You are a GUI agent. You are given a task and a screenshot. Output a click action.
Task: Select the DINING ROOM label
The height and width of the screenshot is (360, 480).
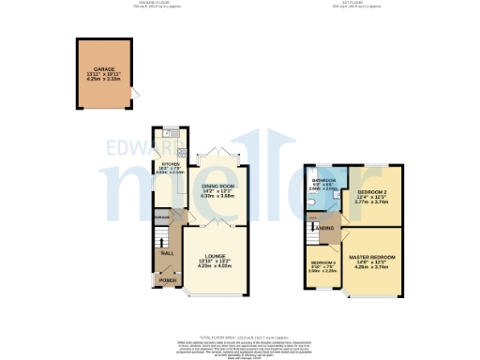(x=217, y=186)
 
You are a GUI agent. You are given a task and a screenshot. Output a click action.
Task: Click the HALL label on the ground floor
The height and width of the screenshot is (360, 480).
(x=167, y=253)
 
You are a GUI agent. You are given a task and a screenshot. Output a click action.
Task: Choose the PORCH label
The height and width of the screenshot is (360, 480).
(x=168, y=280)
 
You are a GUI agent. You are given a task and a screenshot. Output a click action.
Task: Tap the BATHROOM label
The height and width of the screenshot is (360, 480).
(x=324, y=180)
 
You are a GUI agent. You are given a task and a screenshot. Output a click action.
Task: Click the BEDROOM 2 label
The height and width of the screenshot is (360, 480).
(x=372, y=191)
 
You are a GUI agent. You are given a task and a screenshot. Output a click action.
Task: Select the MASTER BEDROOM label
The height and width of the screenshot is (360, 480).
(x=373, y=256)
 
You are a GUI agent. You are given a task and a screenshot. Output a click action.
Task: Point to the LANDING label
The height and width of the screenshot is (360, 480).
(x=325, y=228)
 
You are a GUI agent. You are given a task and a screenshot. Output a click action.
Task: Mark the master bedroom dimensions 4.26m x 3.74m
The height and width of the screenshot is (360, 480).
(x=373, y=267)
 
